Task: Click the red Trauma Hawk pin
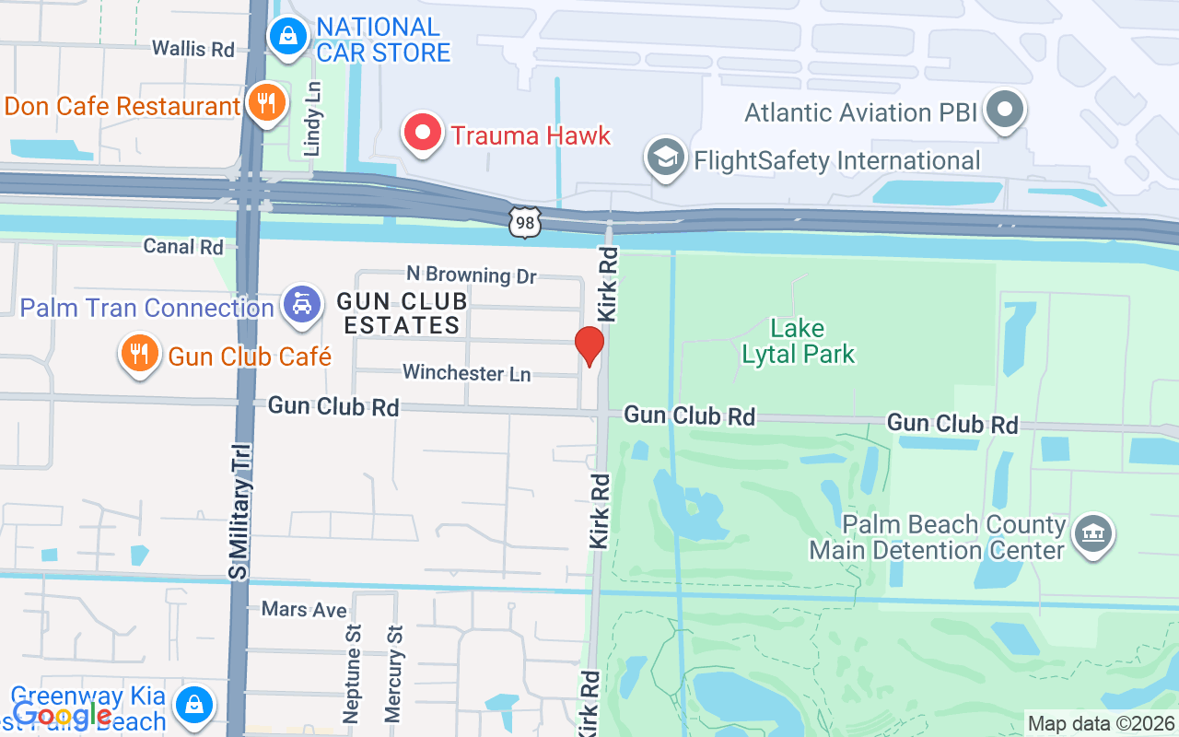coord(423,134)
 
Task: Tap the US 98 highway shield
coord(524,221)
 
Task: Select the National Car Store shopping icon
coord(289,37)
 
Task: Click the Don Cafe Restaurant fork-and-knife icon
coord(266,103)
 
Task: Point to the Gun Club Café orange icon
coord(139,354)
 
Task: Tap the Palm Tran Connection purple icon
coord(302,305)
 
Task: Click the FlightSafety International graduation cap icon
coord(664,158)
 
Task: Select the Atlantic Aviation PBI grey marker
coord(1005,111)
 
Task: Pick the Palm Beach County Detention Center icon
coord(1093,534)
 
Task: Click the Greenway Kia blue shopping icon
coord(194,705)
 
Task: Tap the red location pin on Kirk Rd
coord(589,346)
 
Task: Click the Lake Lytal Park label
coord(799,341)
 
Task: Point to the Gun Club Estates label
coord(402,313)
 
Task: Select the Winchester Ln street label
coord(466,373)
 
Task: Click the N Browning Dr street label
coord(472,275)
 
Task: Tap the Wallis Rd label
coord(193,48)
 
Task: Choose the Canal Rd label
coord(183,246)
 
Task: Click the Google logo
coord(62,715)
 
